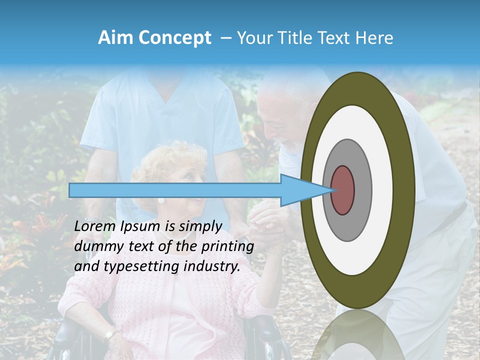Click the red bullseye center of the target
coord(342,190)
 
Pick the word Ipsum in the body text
coord(137,226)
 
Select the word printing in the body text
coord(227,246)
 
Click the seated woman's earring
coord(161,200)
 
